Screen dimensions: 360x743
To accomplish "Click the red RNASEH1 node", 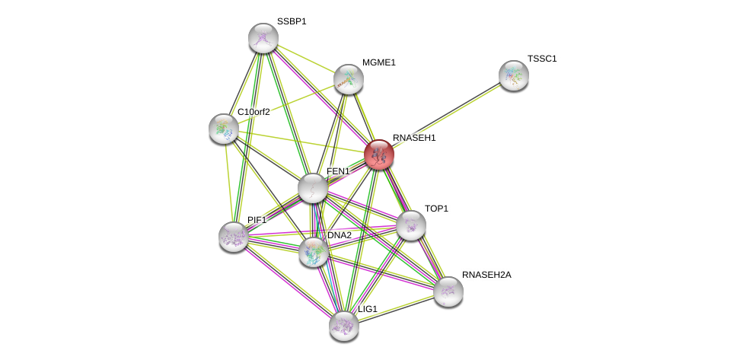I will click(378, 155).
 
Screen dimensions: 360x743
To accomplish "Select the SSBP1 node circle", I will click(263, 38).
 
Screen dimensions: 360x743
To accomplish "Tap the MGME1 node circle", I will click(348, 79).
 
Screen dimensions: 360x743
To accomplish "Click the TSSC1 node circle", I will click(513, 75).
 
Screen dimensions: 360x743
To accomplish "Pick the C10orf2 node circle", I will click(224, 129).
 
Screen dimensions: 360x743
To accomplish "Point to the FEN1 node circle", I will click(312, 188).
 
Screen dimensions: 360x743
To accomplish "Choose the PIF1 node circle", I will click(234, 237).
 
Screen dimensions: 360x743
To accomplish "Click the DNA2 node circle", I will click(313, 252).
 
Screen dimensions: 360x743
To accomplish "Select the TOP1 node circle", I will click(410, 225).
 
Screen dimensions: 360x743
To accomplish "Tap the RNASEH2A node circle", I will click(448, 292).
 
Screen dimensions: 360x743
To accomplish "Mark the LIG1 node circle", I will click(343, 326).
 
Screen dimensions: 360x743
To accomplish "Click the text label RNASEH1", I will click(414, 138).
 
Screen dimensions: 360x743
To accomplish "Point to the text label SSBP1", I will click(292, 21).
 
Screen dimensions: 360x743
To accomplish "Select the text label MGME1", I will click(378, 62).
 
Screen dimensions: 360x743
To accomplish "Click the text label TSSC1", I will click(542, 59).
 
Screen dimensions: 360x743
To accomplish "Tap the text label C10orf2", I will click(254, 112).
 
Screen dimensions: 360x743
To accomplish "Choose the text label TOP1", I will click(436, 209).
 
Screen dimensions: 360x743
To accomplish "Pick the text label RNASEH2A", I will click(486, 275).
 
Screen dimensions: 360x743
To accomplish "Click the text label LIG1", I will click(368, 309).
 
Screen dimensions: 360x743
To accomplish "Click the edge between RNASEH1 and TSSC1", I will click(446, 115).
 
